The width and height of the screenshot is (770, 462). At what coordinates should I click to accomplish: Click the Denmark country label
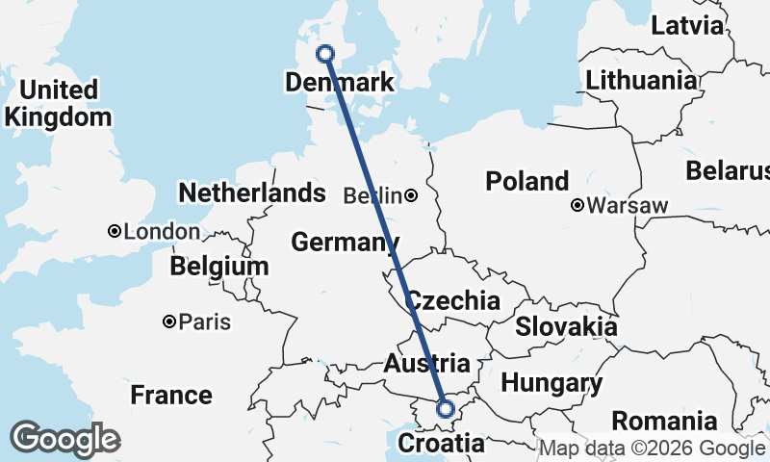coord(340,82)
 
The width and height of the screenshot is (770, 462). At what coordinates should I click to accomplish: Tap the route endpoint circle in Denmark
coord(325,54)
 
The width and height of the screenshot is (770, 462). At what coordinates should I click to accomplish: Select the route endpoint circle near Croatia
coord(446,409)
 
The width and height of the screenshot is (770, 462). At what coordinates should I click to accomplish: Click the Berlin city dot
coord(411,196)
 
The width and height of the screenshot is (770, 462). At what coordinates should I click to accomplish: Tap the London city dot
coord(115,231)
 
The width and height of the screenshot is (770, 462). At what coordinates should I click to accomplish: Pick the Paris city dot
coord(169,321)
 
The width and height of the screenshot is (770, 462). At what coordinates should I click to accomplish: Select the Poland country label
coord(526,181)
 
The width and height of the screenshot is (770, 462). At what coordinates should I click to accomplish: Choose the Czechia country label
coord(452,300)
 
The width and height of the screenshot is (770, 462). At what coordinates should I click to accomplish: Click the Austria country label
coord(426,364)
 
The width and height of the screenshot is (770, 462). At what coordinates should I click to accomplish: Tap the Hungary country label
coord(552,383)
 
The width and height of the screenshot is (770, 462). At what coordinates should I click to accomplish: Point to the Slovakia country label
coord(566,326)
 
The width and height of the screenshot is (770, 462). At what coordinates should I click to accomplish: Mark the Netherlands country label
coord(252,192)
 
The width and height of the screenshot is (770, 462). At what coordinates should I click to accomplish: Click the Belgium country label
coord(218,266)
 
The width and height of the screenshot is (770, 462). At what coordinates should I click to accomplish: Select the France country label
coord(171,395)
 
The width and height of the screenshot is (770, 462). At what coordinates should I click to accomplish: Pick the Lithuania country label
coord(640,80)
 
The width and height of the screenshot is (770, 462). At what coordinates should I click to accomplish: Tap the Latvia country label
coord(686,25)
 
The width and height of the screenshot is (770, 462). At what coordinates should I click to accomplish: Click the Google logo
coord(65,439)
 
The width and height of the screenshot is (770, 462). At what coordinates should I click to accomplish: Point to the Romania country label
coord(664,421)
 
